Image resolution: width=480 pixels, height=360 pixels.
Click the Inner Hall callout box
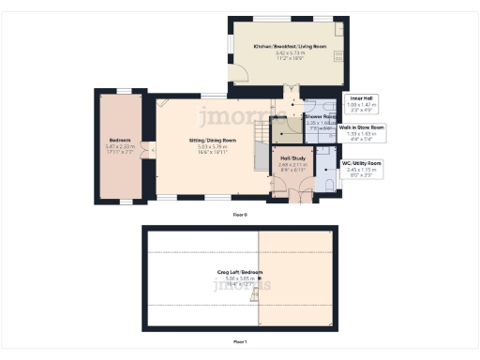(360, 103)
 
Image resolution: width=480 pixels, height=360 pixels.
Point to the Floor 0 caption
(240, 215)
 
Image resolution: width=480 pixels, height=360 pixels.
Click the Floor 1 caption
(240, 342)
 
